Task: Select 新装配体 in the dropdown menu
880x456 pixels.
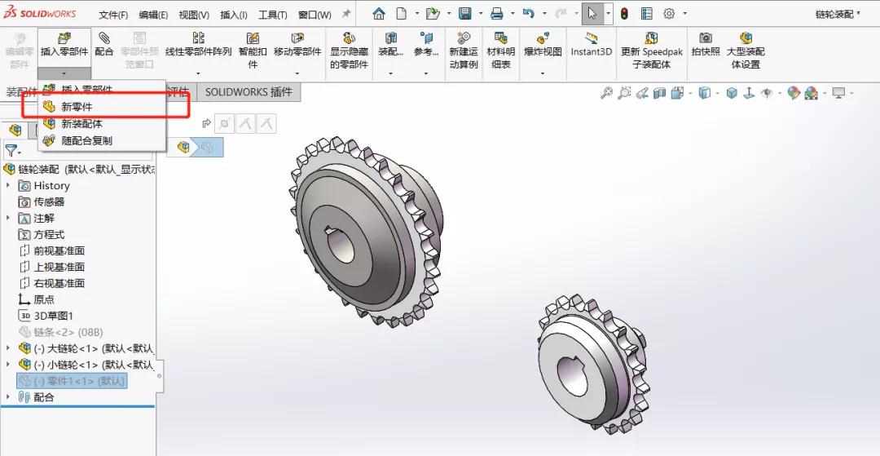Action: coord(81,124)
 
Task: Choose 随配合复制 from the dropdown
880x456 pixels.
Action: coord(86,140)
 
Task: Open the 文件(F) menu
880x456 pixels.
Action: coord(113,15)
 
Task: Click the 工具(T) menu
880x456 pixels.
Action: coord(272,15)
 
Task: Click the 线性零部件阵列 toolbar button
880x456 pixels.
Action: coord(198,46)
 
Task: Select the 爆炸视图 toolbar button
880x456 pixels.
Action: coord(543,46)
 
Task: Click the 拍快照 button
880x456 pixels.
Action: coord(706,45)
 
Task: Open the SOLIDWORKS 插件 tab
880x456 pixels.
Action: coord(249,92)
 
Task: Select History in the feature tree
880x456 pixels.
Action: coord(51,186)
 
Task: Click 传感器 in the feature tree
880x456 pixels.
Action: coord(48,201)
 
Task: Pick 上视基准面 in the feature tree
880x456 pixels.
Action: coord(59,267)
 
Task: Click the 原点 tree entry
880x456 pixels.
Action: coord(44,299)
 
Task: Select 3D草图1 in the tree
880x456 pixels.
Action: coord(53,316)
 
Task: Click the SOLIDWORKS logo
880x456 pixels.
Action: coord(41,14)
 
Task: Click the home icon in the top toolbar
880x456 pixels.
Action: coord(379,14)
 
